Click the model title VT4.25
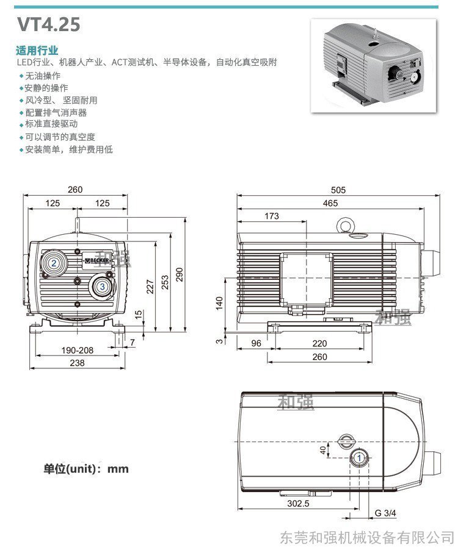click(x=48, y=25)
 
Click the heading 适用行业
click(x=37, y=50)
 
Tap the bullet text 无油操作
click(x=43, y=76)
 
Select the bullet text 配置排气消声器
click(x=56, y=112)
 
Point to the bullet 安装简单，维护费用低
click(x=68, y=149)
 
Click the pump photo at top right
click(x=374, y=65)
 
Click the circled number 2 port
click(x=54, y=263)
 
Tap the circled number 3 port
click(x=103, y=285)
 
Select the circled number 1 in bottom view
click(x=360, y=457)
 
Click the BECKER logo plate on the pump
click(x=97, y=260)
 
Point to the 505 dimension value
click(x=338, y=190)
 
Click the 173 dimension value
click(x=272, y=216)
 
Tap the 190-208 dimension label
click(x=77, y=350)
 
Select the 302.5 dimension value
click(x=298, y=504)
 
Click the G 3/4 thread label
click(x=386, y=513)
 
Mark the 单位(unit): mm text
click(x=86, y=469)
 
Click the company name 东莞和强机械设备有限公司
click(x=367, y=537)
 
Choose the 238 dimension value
click(x=76, y=362)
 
